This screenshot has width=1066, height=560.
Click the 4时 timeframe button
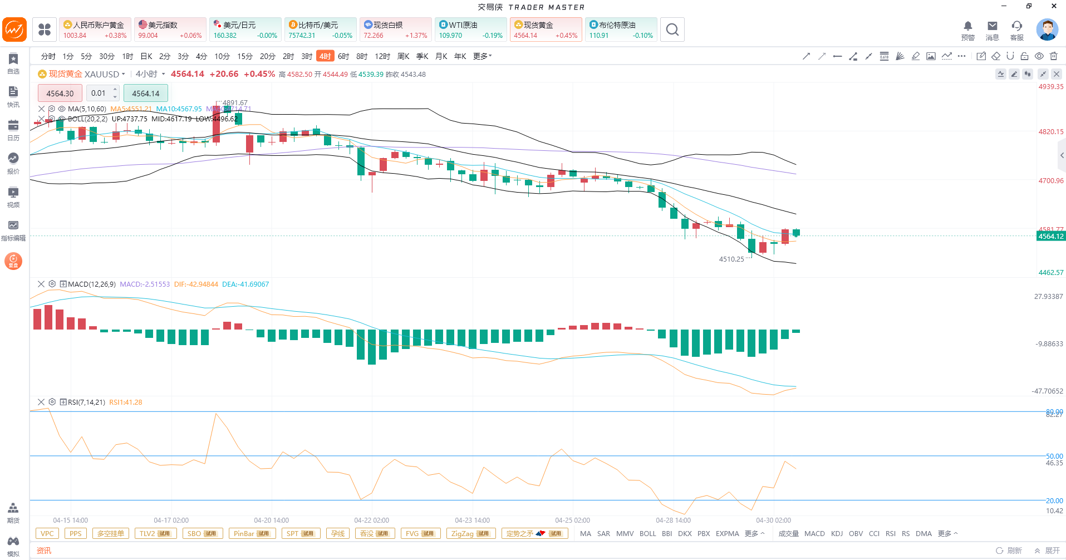coord(325,56)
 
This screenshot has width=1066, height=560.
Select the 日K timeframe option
coord(146,56)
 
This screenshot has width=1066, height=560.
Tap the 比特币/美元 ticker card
coord(320,30)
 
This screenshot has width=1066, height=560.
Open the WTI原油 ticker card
coord(470,30)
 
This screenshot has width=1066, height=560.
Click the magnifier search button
coord(672,30)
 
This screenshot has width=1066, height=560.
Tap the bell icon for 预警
coord(967,26)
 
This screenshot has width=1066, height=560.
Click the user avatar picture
coord(1047,30)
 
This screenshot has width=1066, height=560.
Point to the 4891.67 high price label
coord(235,102)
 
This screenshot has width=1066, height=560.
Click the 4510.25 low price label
coord(731,259)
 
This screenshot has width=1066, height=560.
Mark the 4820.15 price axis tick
coord(1050,132)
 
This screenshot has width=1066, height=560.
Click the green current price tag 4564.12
coord(1050,237)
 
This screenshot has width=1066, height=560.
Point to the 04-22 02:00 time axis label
coord(372,520)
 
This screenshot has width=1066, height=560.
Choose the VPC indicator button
coord(47,533)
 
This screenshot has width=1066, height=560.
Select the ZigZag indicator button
coord(470,533)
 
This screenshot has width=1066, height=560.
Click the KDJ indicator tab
coord(837,533)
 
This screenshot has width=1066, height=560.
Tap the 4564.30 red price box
coord(60,94)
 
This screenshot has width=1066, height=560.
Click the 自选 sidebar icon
coord(13,63)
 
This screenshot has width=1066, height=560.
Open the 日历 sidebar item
coord(13,130)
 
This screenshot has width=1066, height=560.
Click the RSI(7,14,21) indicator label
coord(86,402)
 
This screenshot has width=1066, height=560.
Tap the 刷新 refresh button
coord(1009,551)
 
